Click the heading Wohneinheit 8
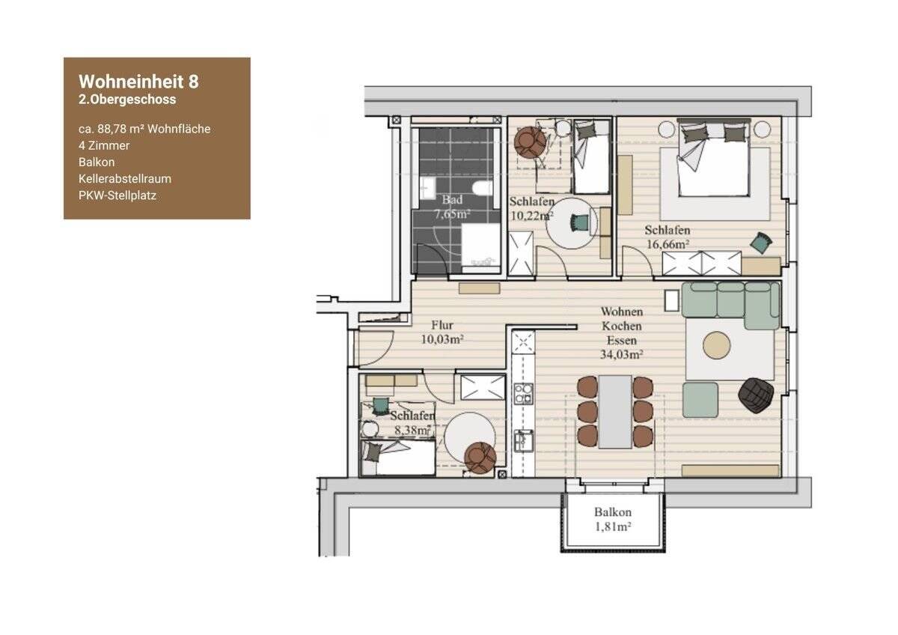tap(138, 82)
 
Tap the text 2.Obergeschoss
tap(127, 100)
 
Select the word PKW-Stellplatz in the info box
tap(117, 195)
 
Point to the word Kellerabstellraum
tap(125, 179)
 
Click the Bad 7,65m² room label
tap(452, 207)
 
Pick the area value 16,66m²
tap(668, 244)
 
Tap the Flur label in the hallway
tap(442, 324)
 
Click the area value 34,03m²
tap(621, 355)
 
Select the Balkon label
tap(613, 512)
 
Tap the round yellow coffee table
tap(717, 345)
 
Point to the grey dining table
tap(615, 412)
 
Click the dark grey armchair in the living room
tap(756, 395)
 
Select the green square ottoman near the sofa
tap(700, 400)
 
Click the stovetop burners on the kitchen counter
tap(524, 394)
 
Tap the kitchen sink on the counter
tap(524, 441)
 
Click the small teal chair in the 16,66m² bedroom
tap(761, 243)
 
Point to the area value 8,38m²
tap(413, 431)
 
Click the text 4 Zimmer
tap(104, 145)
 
